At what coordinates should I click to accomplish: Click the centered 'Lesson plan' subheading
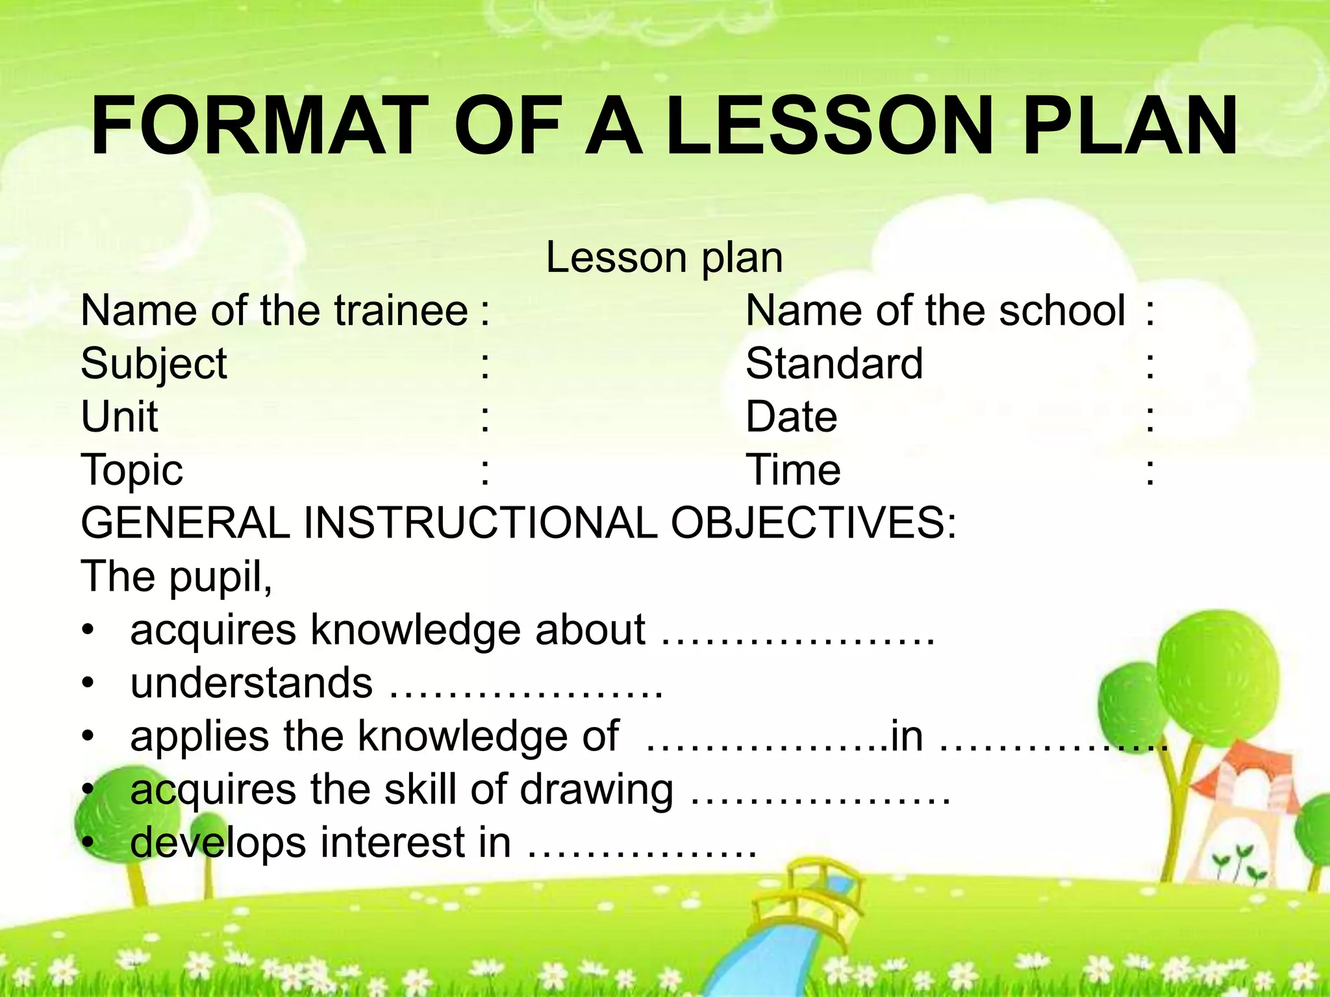tap(664, 258)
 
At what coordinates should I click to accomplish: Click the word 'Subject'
tap(154, 364)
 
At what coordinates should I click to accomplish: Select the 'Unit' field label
tap(119, 417)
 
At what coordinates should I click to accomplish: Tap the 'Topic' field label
tap(132, 470)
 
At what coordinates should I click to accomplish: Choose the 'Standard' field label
tap(834, 363)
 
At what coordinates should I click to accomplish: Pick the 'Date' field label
tap(792, 417)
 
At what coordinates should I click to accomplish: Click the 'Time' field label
tap(794, 470)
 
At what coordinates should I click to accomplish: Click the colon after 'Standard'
tap(1150, 365)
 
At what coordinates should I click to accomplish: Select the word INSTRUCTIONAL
tap(481, 523)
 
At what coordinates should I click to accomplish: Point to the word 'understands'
tap(252, 683)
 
